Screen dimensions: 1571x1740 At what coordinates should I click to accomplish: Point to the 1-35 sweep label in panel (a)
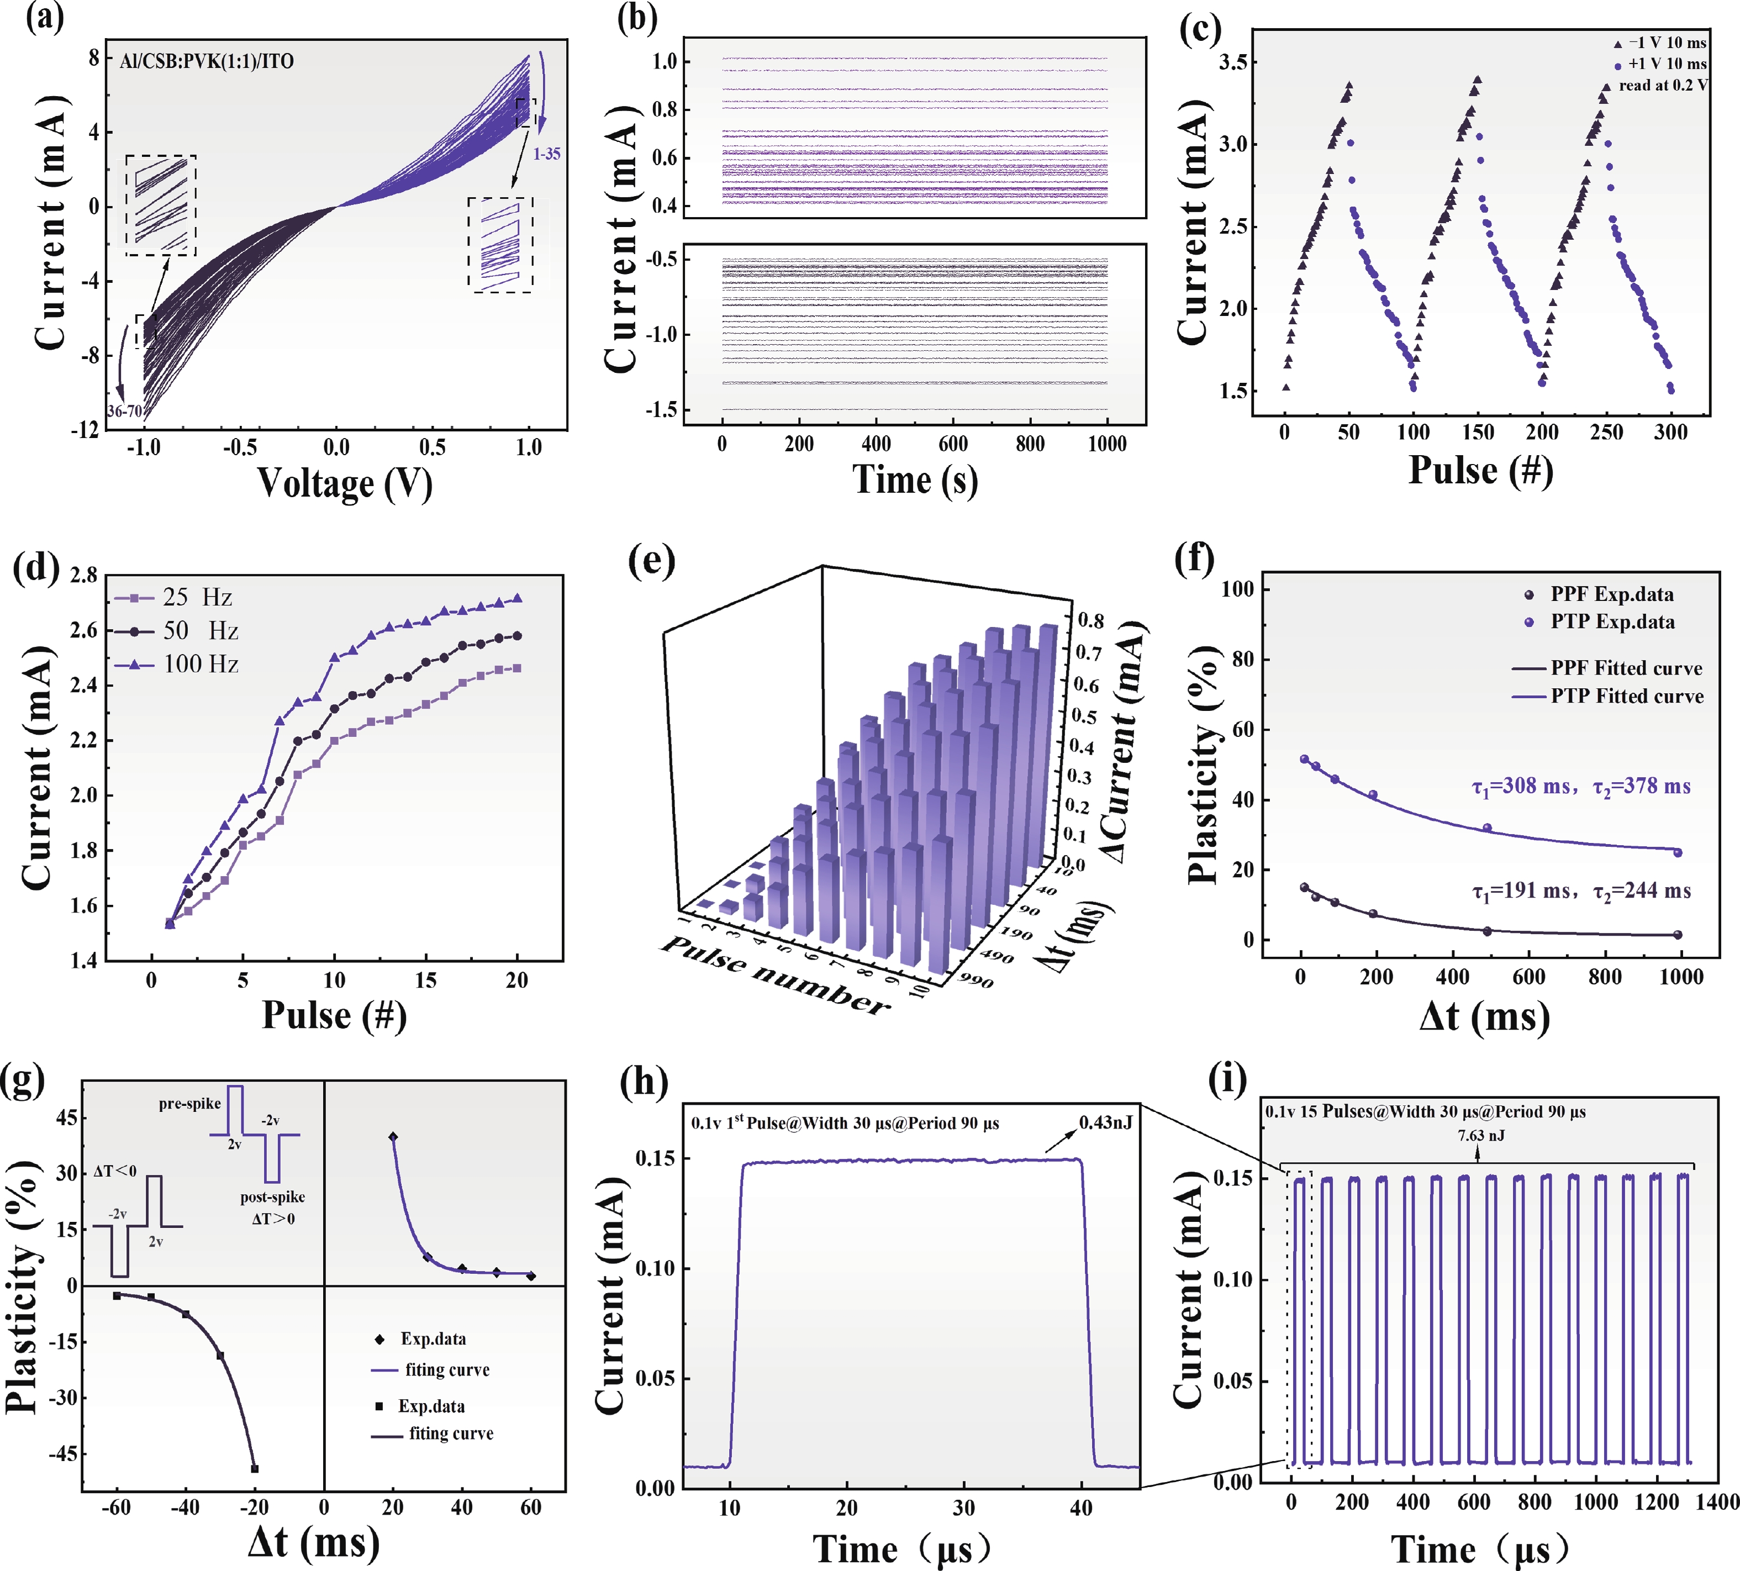[x=546, y=154]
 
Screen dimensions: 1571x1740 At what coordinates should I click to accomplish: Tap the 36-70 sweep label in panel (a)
[x=124, y=411]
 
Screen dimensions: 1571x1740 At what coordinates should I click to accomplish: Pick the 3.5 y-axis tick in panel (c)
[x=1237, y=62]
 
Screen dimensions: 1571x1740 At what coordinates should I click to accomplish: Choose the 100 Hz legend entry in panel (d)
[x=200, y=664]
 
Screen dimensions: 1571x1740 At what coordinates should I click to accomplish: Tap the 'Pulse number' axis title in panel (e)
[x=774, y=976]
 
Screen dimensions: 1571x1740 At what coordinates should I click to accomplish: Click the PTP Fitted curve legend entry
[x=1626, y=695]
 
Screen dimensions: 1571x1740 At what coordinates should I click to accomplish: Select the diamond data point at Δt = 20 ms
[x=393, y=1137]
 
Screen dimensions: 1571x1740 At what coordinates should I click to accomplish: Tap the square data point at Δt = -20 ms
[x=255, y=1468]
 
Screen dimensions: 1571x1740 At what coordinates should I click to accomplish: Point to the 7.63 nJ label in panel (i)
[x=1481, y=1135]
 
